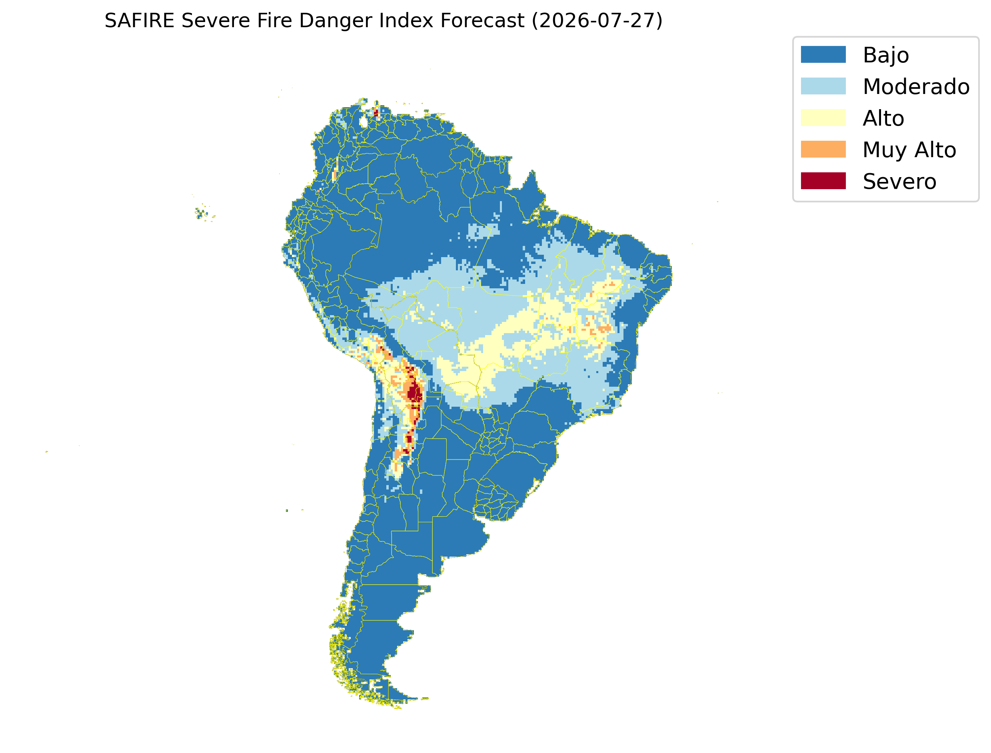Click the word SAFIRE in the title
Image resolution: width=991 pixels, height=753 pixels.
coord(140,21)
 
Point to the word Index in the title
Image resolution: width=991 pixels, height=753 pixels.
coord(400,21)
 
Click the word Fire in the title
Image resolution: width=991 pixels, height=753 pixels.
coord(274,21)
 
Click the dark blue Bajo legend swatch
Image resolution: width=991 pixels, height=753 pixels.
coord(823,55)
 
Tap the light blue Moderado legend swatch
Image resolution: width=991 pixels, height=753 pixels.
coord(823,86)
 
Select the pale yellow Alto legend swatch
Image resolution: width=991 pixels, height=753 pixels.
coord(823,118)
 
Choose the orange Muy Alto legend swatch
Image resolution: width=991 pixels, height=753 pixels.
coord(823,149)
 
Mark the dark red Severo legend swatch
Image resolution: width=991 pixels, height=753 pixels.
coord(823,181)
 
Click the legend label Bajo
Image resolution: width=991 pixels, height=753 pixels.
coord(886,56)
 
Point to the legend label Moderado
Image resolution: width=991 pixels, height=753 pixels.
coord(916,86)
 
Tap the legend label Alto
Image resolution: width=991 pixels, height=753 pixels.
coord(883,118)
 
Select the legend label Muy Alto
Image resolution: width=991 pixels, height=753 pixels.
coord(909,150)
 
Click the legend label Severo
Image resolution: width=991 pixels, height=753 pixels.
coord(899,182)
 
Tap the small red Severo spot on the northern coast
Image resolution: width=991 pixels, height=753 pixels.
coord(376,112)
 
